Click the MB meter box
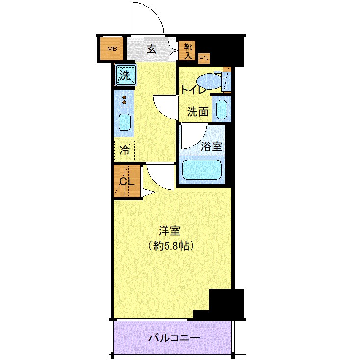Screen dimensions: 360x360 112,49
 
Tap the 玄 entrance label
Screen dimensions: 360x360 152,49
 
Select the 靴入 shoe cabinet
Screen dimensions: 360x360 188,50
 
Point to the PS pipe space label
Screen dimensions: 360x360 203,58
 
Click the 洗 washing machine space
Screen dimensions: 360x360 125,75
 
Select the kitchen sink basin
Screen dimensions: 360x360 125,122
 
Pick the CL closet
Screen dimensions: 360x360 126,181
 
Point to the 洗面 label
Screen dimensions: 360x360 197,112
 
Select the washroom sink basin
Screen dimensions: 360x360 223,109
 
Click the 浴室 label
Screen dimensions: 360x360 212,146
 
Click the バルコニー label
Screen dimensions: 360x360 174,338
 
